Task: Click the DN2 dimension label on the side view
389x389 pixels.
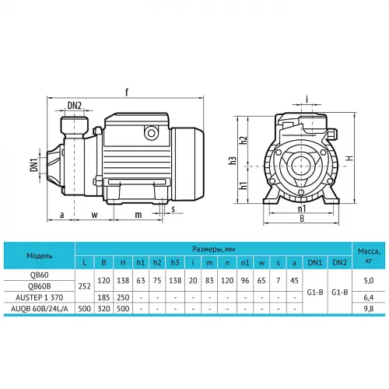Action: [75, 106]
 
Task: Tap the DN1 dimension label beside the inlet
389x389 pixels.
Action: [34, 165]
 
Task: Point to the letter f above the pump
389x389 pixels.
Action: [127, 92]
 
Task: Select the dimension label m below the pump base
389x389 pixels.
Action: [138, 215]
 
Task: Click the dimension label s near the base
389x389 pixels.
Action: [173, 209]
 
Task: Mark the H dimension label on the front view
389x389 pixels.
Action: [350, 158]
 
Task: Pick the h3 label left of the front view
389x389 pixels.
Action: [233, 160]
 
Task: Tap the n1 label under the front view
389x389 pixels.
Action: [302, 209]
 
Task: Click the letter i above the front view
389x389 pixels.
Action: [307, 99]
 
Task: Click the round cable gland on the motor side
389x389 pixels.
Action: [151, 133]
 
